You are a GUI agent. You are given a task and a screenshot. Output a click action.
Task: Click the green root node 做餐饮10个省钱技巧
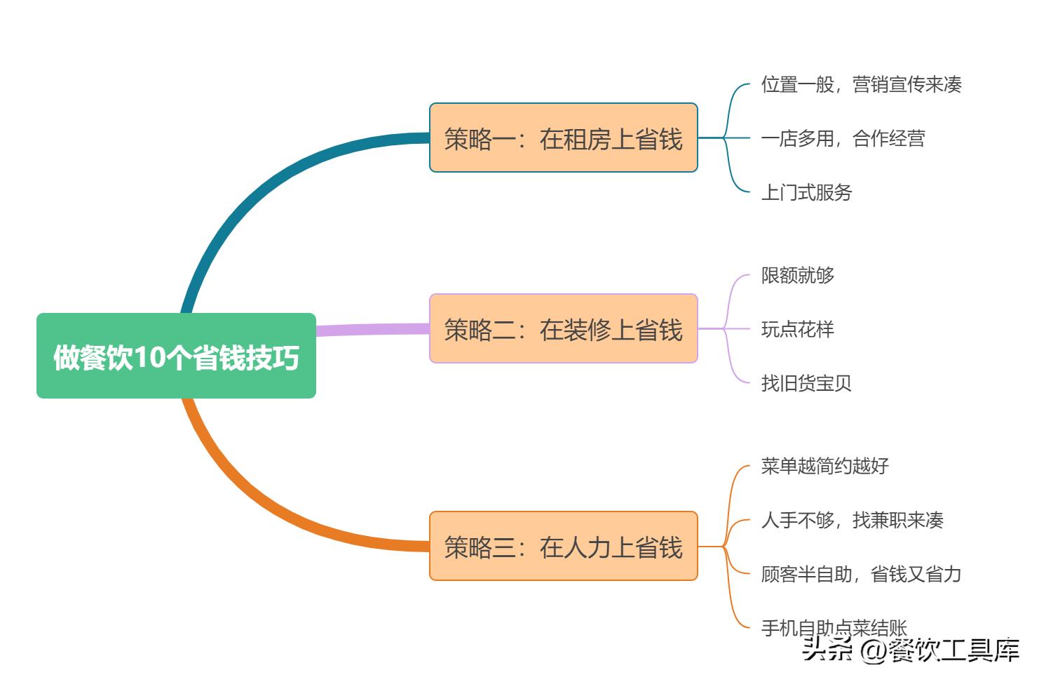coord(176,356)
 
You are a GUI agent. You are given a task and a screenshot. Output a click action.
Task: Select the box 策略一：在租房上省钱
coord(563,138)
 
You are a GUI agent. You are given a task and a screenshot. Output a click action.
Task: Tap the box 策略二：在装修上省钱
coord(563,329)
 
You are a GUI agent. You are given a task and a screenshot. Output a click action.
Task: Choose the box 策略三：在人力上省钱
coord(563,547)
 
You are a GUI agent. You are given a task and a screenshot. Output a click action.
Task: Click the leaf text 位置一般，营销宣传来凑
coord(861,85)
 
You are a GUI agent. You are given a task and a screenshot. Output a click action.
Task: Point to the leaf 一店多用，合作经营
coord(843,139)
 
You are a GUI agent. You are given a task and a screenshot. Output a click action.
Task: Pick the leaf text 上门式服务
coord(806,192)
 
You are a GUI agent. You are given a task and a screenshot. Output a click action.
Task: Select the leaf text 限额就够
coord(798,275)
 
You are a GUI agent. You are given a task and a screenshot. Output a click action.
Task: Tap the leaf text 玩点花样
coord(798,329)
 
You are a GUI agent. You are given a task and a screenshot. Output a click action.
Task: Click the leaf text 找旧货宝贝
coord(806,383)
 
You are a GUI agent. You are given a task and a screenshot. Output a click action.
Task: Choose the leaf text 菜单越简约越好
coord(824,466)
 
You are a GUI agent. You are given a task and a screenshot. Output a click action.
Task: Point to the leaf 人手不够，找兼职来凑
coord(852,520)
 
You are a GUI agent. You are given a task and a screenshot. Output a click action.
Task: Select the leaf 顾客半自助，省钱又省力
coord(861,574)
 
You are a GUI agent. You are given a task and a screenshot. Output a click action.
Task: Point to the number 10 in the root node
coord(149,357)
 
